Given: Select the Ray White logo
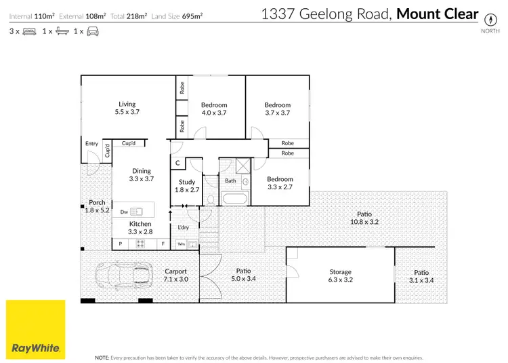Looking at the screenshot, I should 36,329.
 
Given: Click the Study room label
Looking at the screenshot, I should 187,186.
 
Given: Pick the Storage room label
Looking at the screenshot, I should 340,275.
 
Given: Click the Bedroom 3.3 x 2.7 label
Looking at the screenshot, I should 280,183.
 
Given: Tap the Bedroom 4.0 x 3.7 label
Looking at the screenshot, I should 214,109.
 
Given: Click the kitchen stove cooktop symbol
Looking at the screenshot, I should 141,243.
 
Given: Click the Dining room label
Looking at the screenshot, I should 141,175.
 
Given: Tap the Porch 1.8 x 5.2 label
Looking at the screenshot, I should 97,206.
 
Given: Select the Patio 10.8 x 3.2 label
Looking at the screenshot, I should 365,218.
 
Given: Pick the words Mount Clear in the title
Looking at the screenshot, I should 437,14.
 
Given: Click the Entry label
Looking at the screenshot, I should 92,144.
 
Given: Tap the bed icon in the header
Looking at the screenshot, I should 30,31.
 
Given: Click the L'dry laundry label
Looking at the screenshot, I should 183,227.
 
